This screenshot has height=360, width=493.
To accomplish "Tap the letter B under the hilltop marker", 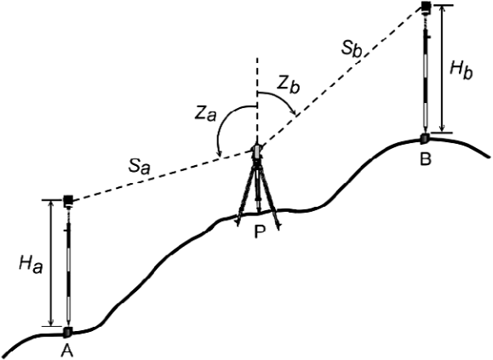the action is (x=426, y=159).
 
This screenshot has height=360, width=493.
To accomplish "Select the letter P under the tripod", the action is (x=260, y=231).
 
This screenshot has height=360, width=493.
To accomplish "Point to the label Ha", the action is (x=31, y=265).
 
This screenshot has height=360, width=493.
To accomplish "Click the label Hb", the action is (x=461, y=71).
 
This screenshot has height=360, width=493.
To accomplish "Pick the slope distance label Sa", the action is (x=139, y=167).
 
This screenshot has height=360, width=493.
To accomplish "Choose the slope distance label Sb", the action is (x=351, y=49).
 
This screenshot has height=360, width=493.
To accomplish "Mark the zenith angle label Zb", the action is (x=288, y=85).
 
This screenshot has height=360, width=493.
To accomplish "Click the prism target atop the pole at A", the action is (x=68, y=200).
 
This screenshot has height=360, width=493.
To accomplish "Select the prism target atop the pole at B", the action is (x=427, y=7).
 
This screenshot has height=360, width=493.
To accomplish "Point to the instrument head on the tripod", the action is (x=257, y=151).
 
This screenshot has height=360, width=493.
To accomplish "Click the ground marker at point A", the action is (x=67, y=332).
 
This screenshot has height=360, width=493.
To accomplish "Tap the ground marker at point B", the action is (x=425, y=138).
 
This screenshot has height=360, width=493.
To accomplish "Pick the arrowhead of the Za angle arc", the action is (x=220, y=153).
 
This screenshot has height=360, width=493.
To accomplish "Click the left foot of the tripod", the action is (x=238, y=222).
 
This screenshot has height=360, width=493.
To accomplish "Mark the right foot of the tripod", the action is (x=278, y=226).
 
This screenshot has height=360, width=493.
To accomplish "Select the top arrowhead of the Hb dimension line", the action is (x=443, y=9).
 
